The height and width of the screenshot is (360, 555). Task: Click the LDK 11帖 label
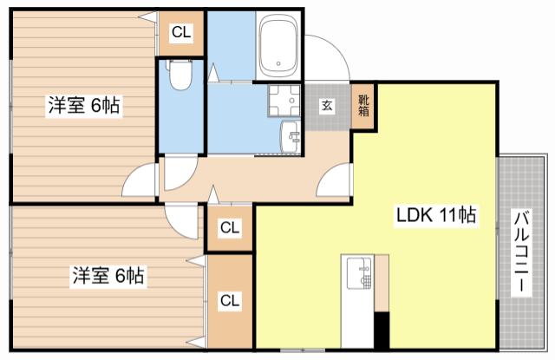[x=435, y=214]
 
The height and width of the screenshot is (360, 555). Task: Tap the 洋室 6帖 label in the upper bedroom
[x=84, y=105]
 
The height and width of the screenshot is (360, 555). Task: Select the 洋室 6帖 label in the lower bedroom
[x=108, y=275]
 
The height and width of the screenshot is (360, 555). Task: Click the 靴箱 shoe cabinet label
[x=363, y=106]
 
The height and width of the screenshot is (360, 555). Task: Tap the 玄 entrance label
[x=327, y=105]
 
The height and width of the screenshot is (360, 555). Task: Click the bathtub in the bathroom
[x=278, y=46]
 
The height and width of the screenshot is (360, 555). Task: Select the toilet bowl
[x=180, y=74]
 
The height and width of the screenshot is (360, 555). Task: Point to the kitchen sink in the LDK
[x=359, y=273]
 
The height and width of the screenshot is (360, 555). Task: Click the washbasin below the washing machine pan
[x=291, y=137]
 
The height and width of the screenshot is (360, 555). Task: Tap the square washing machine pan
[x=284, y=101]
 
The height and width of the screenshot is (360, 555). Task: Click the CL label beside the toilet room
[x=181, y=33]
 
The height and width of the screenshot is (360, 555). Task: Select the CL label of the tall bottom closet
[x=230, y=300]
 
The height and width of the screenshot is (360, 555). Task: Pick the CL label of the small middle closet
[x=230, y=227]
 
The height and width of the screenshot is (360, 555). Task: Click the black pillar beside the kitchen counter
[x=382, y=330]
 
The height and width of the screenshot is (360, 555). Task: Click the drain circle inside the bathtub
[x=278, y=63]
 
